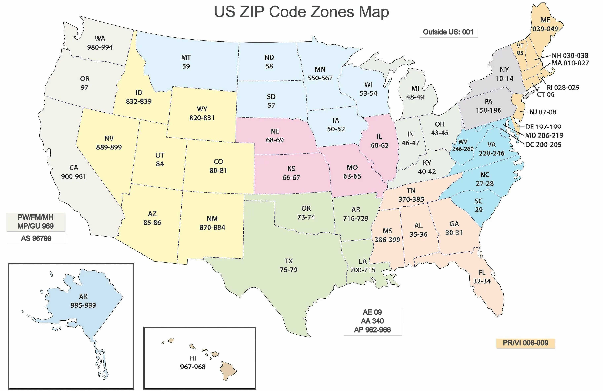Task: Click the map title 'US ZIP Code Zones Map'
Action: [x=301, y=12]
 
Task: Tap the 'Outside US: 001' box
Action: [x=448, y=32]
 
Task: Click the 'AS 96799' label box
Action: [x=36, y=238]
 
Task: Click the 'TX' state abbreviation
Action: [x=289, y=261]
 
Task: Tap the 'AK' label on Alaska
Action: [x=83, y=297]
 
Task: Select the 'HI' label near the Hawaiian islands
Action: [x=193, y=358]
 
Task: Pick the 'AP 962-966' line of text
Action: [x=372, y=330]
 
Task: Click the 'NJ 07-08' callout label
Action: [x=543, y=112]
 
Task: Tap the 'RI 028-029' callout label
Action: [x=563, y=87]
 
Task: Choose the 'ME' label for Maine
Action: [x=546, y=20]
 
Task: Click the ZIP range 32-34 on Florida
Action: [x=482, y=281]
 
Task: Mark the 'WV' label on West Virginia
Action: [x=463, y=142]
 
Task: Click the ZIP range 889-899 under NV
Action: [x=109, y=147]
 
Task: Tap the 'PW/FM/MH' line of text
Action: [x=35, y=217]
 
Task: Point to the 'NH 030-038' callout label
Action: [x=570, y=56]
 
